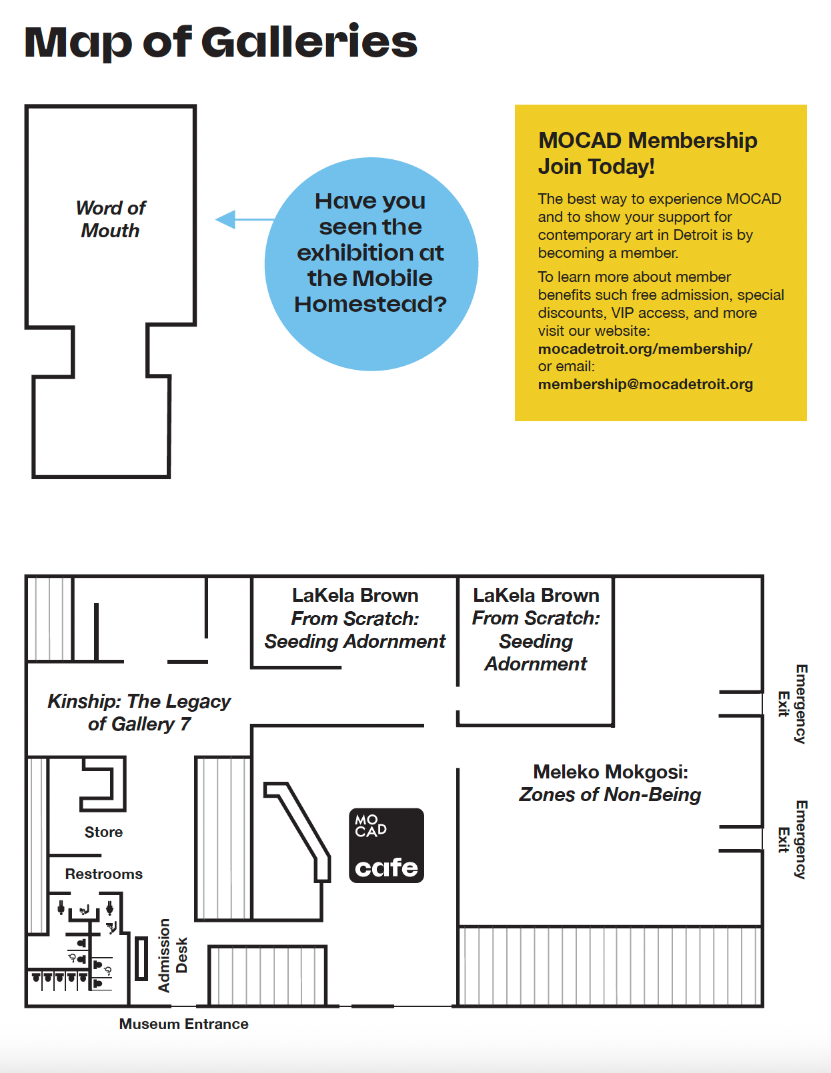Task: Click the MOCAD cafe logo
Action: coord(386,845)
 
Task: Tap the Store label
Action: coord(104,832)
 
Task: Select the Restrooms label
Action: coord(104,874)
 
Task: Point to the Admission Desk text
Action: coord(173,955)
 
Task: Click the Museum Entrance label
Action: coord(184,1024)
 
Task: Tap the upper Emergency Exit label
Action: coord(792,704)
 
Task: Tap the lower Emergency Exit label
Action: coord(792,840)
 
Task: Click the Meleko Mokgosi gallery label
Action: coord(610,783)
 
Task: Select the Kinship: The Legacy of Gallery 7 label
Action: coord(139,712)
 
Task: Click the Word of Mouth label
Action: coord(111,219)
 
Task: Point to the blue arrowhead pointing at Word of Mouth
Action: coord(226,219)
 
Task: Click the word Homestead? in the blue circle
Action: coord(370,304)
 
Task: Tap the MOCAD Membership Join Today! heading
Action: coord(647,153)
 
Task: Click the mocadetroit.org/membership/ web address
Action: coord(645,349)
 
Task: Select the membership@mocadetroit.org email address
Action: coord(646,384)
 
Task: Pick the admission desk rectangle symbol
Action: coord(142,958)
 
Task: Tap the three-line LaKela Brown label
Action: coord(355,618)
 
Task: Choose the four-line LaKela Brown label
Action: coord(536,630)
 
